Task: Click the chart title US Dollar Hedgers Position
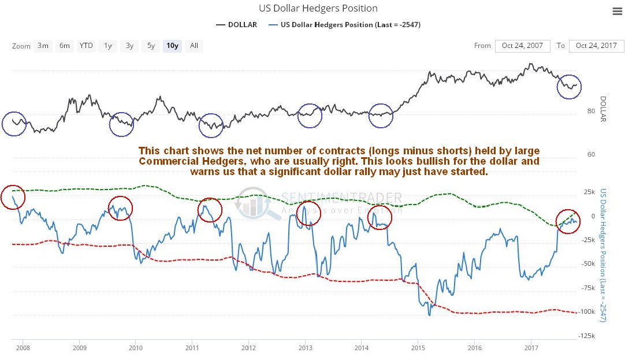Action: click(317, 9)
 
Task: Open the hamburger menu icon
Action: click(616, 11)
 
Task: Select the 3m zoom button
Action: click(43, 46)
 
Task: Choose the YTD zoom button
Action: click(86, 46)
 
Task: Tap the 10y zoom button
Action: click(172, 46)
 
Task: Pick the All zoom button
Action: click(194, 46)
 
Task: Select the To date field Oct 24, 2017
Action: click(596, 46)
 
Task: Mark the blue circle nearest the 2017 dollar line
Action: click(569, 87)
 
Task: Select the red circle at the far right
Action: click(568, 221)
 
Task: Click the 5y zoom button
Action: click(151, 46)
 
